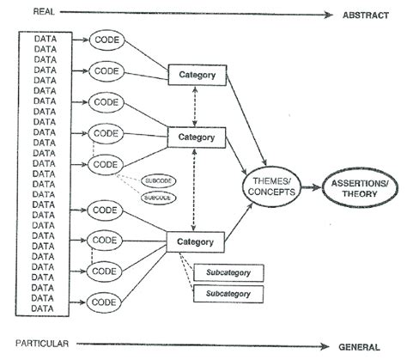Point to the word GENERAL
[359, 346]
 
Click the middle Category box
[196, 137]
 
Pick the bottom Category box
[196, 241]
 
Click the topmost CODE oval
[106, 40]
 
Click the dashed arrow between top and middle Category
[196, 106]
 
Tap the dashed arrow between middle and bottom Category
[196, 189]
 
